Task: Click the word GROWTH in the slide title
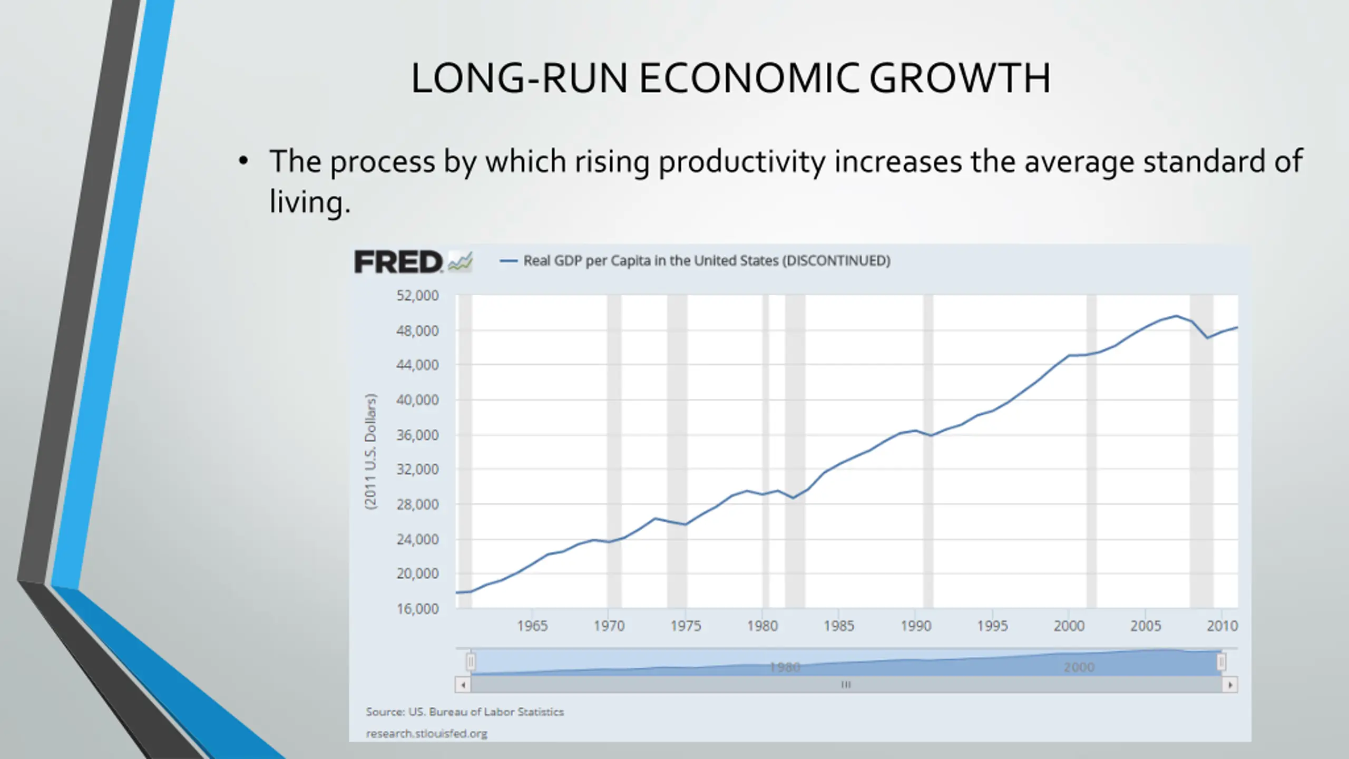point(959,79)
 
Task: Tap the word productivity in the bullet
point(742,161)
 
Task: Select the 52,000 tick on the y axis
point(417,296)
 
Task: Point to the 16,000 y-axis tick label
point(417,609)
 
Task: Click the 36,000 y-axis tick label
point(417,435)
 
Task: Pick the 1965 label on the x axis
point(532,626)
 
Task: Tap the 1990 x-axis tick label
point(916,626)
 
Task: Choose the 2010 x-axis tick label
point(1222,626)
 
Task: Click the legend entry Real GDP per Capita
point(706,261)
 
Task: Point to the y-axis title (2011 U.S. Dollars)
point(371,452)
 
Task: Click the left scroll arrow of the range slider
point(463,685)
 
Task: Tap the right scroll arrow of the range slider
point(1230,685)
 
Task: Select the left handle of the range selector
point(471,661)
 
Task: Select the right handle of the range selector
point(1221,661)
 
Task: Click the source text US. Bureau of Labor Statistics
point(465,712)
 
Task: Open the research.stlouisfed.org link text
point(426,734)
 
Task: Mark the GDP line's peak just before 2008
point(1176,316)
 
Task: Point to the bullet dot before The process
point(243,161)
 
